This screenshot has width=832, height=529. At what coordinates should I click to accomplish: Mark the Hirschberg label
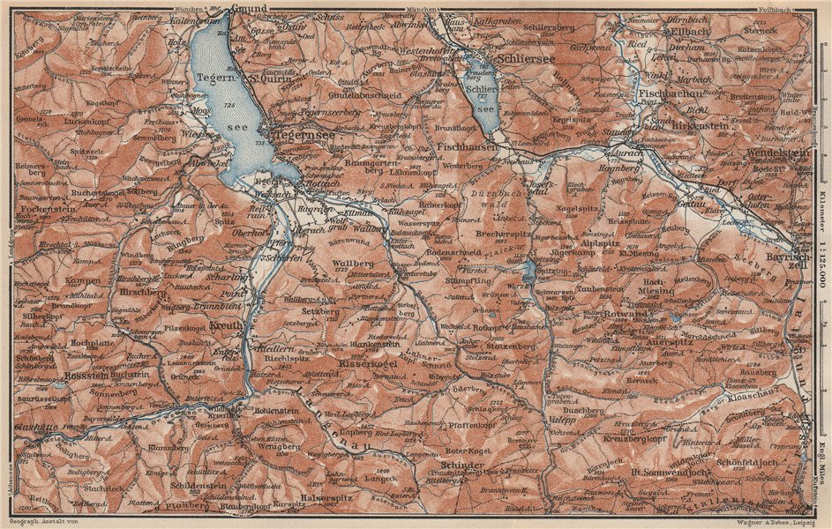pyautogui.click(x=141, y=291)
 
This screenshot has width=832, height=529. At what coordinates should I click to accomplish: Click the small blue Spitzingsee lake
pyautogui.click(x=528, y=271)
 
